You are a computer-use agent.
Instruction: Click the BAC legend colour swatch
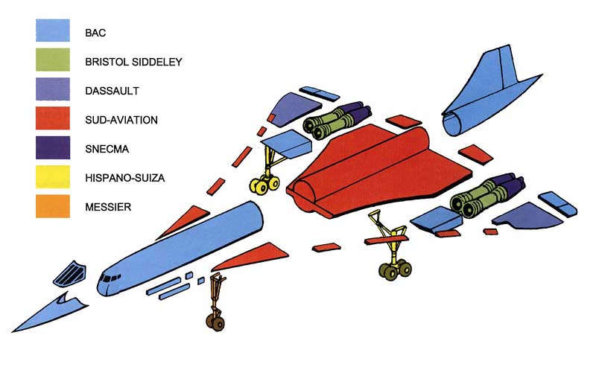(x=52, y=33)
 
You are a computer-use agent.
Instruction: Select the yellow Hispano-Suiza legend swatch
(x=52, y=178)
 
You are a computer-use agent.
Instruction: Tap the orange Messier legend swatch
(x=52, y=207)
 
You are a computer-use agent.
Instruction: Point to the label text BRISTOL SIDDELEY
(x=133, y=62)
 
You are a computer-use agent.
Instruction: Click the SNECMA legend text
(x=107, y=149)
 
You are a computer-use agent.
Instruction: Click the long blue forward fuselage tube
(x=186, y=246)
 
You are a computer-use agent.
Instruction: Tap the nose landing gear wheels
(x=216, y=322)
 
